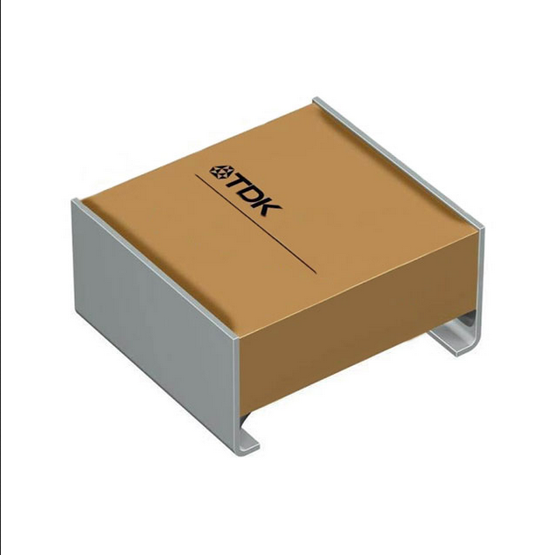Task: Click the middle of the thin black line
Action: tap(255, 223)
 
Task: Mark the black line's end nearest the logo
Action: tap(195, 173)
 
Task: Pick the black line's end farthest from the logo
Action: tap(315, 274)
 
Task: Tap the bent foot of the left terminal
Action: tap(247, 443)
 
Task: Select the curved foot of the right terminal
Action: tap(457, 340)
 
